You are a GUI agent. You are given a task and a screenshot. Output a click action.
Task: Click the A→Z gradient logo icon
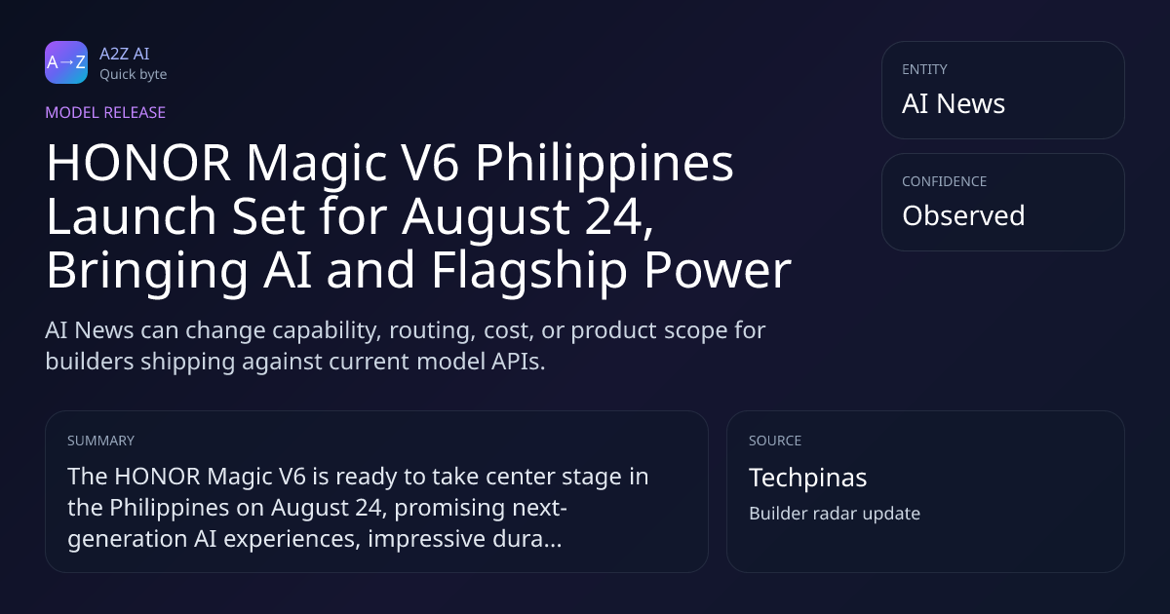[66, 62]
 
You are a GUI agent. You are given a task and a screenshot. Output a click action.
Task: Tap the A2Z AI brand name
[125, 54]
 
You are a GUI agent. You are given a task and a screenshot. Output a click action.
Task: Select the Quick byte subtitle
[134, 75]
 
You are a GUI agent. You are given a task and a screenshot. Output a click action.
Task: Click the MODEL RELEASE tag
[105, 112]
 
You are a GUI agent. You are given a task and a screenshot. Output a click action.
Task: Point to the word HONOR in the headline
[138, 163]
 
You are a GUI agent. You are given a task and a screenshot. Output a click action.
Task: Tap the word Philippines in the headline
[604, 165]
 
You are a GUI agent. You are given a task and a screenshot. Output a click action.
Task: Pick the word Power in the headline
[718, 270]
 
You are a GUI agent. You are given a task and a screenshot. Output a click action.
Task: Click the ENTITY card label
[924, 69]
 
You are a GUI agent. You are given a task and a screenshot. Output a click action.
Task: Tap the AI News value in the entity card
[954, 103]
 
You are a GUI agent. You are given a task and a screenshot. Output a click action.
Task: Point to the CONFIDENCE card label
[945, 181]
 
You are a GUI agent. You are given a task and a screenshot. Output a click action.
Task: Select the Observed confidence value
[963, 215]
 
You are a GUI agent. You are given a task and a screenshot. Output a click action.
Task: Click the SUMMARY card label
[100, 441]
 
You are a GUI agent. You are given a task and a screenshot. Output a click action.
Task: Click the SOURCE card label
[775, 441]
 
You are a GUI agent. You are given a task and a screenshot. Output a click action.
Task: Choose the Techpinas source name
[807, 479]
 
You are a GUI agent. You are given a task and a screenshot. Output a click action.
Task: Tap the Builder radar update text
[835, 514]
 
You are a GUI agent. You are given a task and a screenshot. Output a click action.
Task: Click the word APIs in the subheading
[518, 362]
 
